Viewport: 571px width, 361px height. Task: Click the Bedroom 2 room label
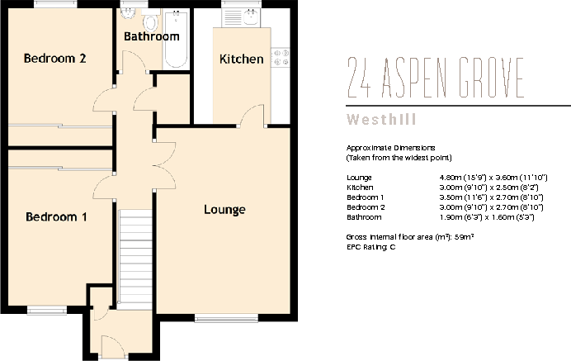point(55,59)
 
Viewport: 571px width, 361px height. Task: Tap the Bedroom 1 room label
point(56,217)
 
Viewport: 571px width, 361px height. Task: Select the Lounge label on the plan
point(224,210)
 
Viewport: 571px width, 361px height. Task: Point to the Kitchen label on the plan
point(242,59)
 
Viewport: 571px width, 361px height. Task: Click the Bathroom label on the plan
point(152,36)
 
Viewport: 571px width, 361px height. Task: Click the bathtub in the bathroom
point(176,40)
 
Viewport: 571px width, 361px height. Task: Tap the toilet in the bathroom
point(150,20)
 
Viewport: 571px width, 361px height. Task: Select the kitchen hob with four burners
point(280,58)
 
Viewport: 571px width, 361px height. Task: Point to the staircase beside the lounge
point(135,259)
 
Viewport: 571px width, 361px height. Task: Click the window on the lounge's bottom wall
point(227,318)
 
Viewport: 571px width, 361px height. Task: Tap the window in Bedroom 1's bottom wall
point(47,311)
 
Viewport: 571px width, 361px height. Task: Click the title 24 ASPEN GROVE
point(435,78)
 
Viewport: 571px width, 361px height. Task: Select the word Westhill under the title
point(381,120)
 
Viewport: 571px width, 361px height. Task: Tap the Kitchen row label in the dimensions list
point(360,188)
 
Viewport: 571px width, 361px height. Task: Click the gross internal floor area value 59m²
point(464,237)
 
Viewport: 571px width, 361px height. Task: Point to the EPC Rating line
point(371,247)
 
